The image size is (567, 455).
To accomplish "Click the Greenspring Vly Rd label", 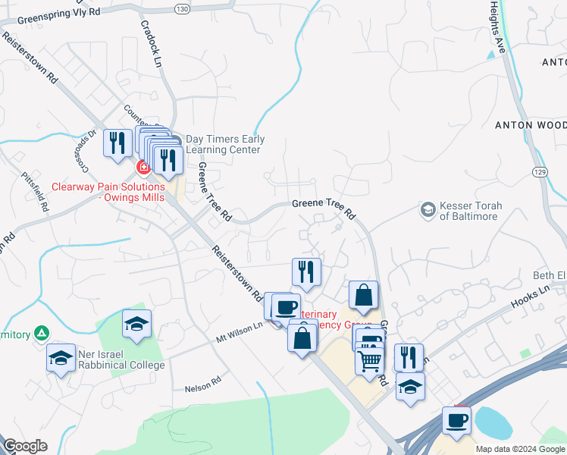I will coord(58,13).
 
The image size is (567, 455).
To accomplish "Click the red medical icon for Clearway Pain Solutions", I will coord(143,167).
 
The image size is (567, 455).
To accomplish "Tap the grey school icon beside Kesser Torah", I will coord(428,209).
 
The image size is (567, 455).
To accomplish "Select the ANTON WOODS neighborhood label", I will coord(531,124).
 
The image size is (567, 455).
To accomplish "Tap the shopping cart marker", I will coord(368,361).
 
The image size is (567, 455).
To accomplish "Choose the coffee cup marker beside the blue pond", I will coord(456,419).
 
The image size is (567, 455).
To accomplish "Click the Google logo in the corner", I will coord(25,446).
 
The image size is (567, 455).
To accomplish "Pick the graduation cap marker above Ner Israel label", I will coord(136,324).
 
